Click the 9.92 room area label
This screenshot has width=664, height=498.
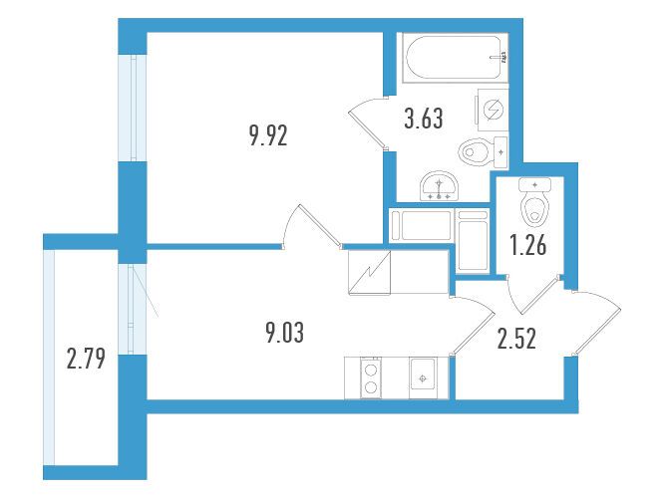(x=268, y=136)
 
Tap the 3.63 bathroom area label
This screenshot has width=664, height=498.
(x=424, y=119)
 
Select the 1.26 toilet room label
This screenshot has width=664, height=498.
(x=528, y=246)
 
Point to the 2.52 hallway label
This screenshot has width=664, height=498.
(x=516, y=340)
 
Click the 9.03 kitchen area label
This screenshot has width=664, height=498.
(x=284, y=333)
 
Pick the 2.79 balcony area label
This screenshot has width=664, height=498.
(x=86, y=360)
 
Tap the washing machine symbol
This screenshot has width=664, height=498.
(x=493, y=110)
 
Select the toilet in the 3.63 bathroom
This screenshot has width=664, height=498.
(x=484, y=152)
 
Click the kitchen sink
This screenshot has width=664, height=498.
(x=422, y=377)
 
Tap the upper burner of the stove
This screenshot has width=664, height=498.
(x=371, y=369)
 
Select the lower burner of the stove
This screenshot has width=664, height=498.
(x=371, y=386)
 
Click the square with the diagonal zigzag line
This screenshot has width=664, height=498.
(x=369, y=272)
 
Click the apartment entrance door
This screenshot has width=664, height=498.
(x=595, y=322)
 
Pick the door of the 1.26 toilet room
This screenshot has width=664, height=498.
(x=534, y=295)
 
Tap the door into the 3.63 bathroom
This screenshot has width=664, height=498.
(x=367, y=124)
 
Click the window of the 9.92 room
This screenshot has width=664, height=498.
(x=133, y=108)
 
